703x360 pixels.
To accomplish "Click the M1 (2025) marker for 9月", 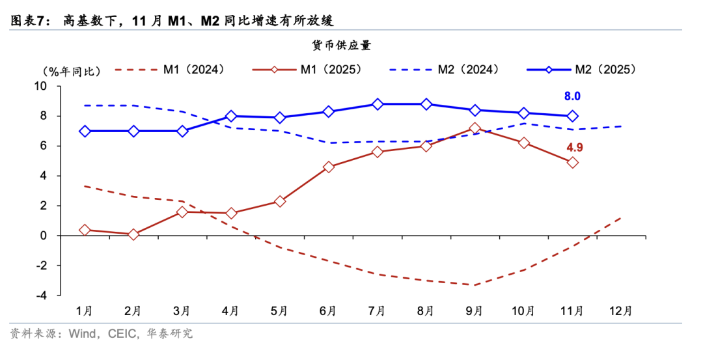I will tap(475, 129).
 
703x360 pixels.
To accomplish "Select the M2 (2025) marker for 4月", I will tap(231, 117).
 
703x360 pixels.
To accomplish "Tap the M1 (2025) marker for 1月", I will tap(85, 230).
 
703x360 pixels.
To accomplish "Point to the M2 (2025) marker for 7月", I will tap(378, 104).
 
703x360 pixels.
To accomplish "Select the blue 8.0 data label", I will tap(572, 96).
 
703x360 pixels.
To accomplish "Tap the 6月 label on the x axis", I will tap(328, 311).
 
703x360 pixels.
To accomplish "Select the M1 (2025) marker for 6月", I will tap(329, 167).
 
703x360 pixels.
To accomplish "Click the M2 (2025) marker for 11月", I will tap(572, 117).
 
